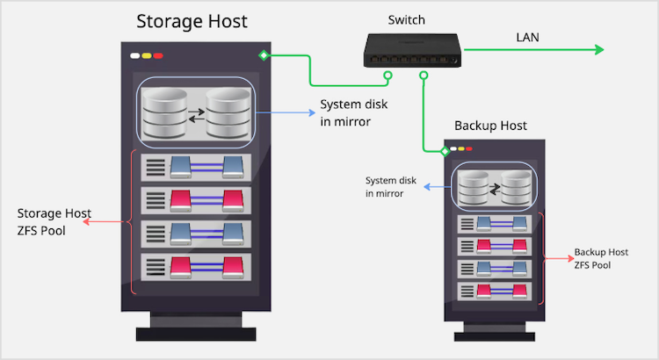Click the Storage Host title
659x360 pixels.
pyautogui.click(x=192, y=21)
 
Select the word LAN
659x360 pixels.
pyautogui.click(x=529, y=37)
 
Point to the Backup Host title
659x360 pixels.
pyautogui.click(x=490, y=126)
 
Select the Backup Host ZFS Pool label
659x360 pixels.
pyautogui.click(x=602, y=257)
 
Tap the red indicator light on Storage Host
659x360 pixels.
pyautogui.click(x=158, y=56)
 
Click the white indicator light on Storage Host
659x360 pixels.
pyautogui.click(x=135, y=56)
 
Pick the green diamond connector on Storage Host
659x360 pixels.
pyautogui.click(x=264, y=56)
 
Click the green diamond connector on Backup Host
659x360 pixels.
pyautogui.click(x=445, y=151)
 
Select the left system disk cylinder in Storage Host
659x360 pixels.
pyautogui.click(x=163, y=112)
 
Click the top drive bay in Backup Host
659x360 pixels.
pyautogui.click(x=495, y=224)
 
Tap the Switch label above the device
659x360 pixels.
pyautogui.click(x=406, y=19)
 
